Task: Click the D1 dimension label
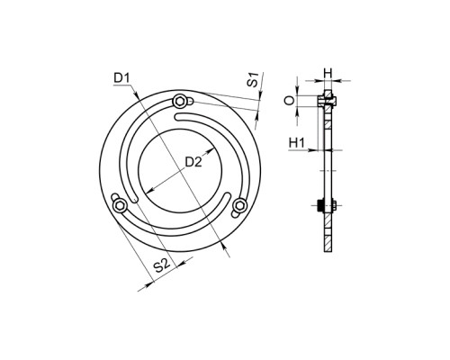121,78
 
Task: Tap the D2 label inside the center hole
193,162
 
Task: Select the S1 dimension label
254,80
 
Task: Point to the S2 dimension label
162,266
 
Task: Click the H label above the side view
328,73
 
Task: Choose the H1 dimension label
297,142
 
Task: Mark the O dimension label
290,101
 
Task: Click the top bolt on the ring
180,102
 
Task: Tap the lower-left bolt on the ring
120,205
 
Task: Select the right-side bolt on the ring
239,206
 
